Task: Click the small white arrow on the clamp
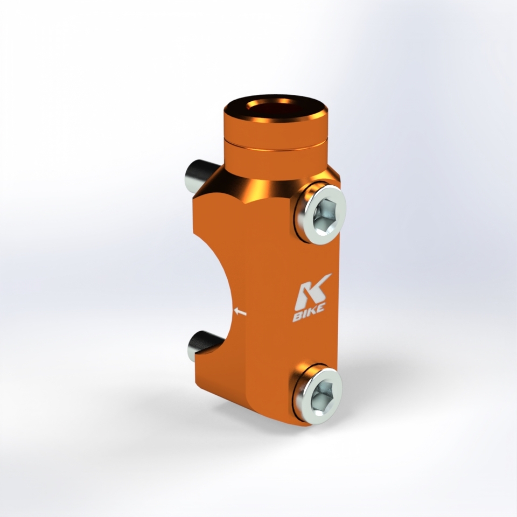240,312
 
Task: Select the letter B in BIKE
297,318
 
